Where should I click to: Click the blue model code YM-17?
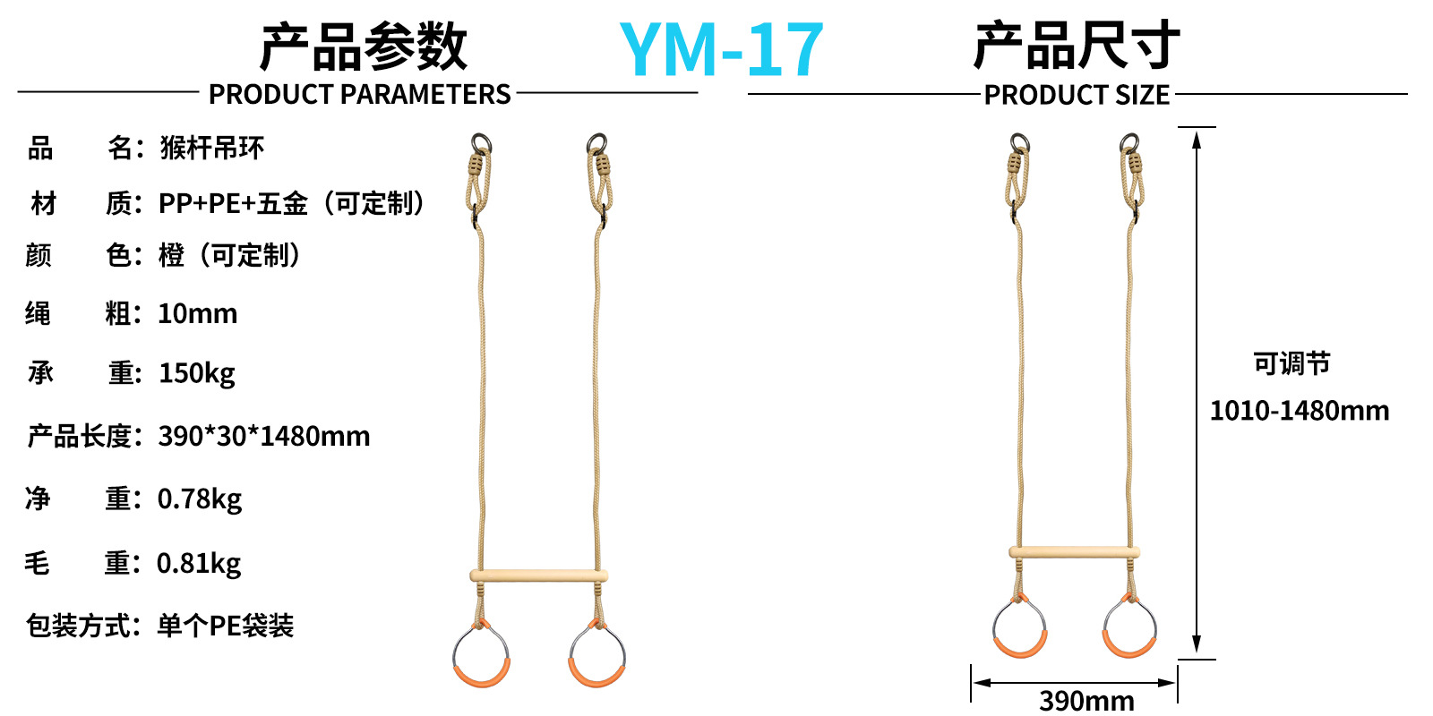tap(721, 50)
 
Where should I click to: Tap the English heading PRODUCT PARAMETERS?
tap(359, 94)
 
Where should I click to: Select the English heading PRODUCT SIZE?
tap(1077, 95)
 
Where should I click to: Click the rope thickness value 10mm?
tap(197, 314)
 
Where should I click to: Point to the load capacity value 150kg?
tap(197, 373)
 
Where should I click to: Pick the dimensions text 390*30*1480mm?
tap(264, 437)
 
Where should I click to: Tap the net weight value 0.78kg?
tap(200, 499)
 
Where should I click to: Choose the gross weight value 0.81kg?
tap(199, 564)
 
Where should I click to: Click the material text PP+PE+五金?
tap(233, 204)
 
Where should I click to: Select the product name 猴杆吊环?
tap(212, 149)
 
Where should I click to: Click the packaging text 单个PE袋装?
tap(226, 626)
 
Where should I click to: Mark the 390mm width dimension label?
tap(1086, 700)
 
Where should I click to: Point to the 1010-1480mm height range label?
tap(1300, 411)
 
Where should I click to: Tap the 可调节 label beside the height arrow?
tap(1291, 364)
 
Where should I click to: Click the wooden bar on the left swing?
tap(538, 575)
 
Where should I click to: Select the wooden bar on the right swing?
tap(1074, 552)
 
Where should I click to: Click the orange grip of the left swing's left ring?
tap(482, 676)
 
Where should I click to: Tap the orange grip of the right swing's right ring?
tap(1128, 646)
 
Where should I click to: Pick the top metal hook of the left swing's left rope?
tap(481, 143)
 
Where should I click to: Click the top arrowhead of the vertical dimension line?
tap(1197, 137)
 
